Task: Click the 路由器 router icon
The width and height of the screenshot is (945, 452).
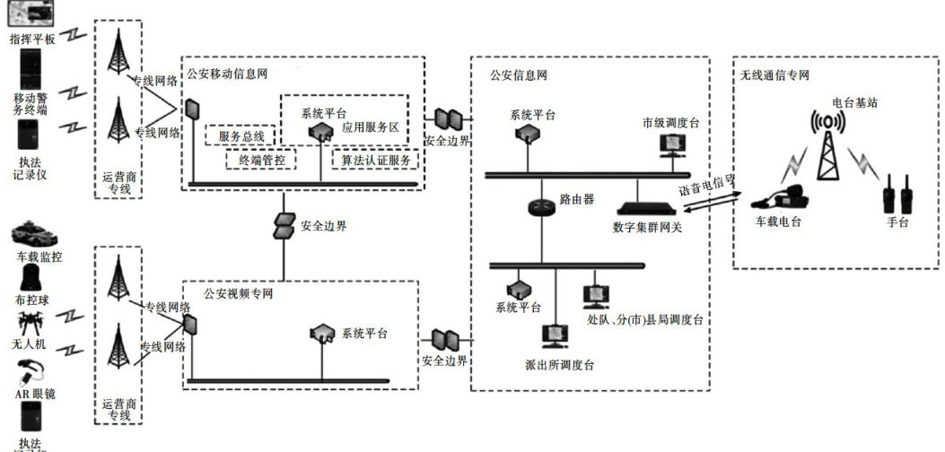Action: pyautogui.click(x=542, y=205)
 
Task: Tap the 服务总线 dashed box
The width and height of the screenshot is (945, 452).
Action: pyautogui.click(x=241, y=136)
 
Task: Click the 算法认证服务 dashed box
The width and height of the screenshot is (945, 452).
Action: pyautogui.click(x=375, y=160)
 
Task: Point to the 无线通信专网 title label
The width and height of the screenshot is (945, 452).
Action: pyautogui.click(x=774, y=74)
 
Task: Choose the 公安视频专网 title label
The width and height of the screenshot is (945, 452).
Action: pyautogui.click(x=238, y=292)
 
